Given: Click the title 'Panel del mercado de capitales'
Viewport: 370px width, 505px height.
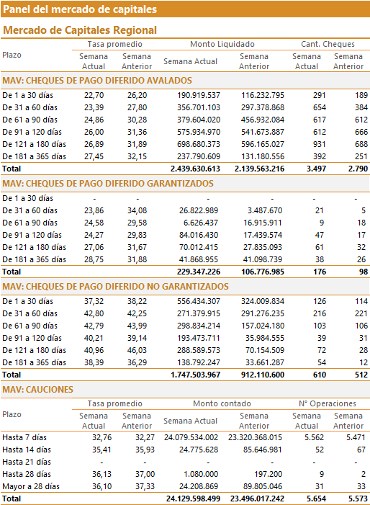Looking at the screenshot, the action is [80, 9].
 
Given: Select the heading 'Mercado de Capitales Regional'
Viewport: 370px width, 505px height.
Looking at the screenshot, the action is [80, 30].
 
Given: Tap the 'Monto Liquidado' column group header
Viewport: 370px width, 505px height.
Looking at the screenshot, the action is [222, 44].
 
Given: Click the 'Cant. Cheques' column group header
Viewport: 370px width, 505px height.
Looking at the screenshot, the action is [328, 44].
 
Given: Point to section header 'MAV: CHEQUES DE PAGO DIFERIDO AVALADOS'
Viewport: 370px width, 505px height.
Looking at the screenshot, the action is [97, 80].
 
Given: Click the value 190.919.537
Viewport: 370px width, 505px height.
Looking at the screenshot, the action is [199, 95].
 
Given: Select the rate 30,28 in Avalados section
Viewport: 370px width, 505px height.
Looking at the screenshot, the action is [137, 120].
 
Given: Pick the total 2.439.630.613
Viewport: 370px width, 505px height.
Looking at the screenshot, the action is [195, 169].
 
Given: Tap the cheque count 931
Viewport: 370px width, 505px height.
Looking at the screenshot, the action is [320, 144].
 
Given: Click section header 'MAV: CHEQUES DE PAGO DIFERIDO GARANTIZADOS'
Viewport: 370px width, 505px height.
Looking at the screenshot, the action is [108, 183].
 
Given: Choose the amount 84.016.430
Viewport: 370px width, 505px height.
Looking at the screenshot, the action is [199, 235].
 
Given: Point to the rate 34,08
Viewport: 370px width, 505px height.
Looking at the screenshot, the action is [137, 210].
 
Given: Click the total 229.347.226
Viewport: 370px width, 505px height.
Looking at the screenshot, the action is [199, 272].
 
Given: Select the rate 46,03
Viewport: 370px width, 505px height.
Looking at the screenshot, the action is [137, 350].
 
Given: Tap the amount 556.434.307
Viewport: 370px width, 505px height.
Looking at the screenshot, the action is [199, 301].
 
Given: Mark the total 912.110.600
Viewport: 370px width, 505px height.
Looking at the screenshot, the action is [263, 375].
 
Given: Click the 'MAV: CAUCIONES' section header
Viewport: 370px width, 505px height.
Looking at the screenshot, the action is [37, 390].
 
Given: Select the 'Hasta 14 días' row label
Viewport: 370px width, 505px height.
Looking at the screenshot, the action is [27, 450].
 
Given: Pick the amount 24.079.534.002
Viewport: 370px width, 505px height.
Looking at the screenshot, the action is [191, 437].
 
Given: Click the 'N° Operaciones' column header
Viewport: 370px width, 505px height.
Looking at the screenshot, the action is [328, 403].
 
